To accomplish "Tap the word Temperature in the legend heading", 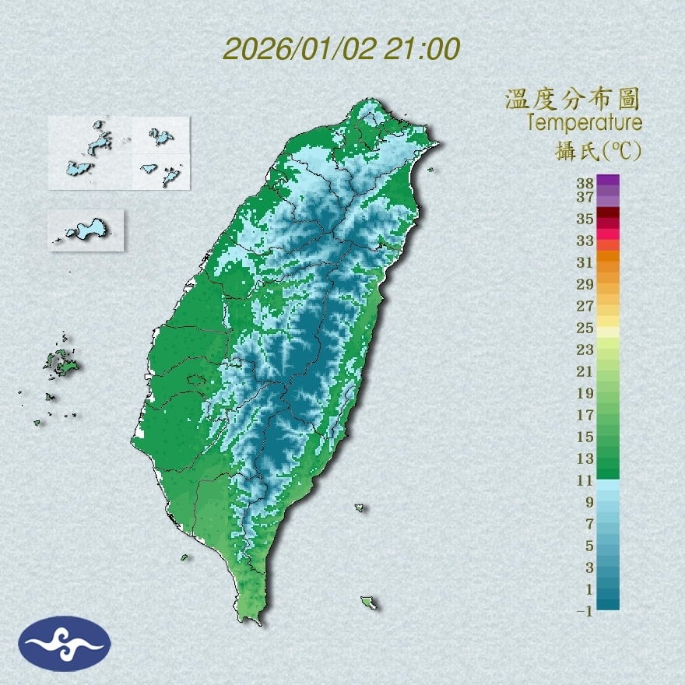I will (584, 123).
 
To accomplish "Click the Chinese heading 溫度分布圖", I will (573, 99).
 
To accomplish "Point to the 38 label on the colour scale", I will (585, 184).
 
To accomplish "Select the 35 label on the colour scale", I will (585, 219).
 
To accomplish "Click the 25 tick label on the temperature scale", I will (585, 328).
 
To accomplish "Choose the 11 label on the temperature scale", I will (585, 480).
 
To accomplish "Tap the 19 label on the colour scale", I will (585, 393).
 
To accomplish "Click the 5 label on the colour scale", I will (589, 546).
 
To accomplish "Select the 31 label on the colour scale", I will (585, 262).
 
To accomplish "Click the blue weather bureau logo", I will (65, 644).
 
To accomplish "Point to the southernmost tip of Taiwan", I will (251, 620).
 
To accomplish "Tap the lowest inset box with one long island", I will (86, 230).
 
